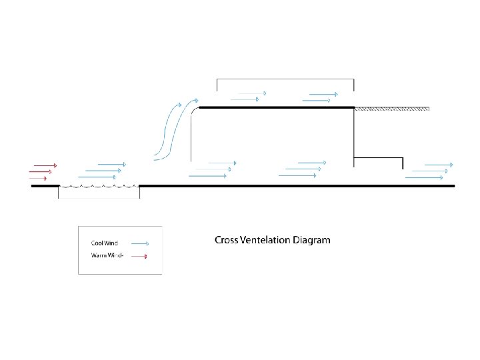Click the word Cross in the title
point(227,240)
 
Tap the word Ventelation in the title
point(265,240)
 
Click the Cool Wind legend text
point(104,243)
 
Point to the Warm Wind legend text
point(106,256)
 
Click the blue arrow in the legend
point(139,243)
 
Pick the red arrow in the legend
point(139,256)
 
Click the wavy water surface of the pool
point(99,186)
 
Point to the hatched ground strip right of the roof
point(391,108)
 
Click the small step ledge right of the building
point(379,159)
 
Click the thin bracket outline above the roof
point(285,79)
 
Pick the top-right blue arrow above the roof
point(323,94)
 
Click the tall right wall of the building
point(353,133)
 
